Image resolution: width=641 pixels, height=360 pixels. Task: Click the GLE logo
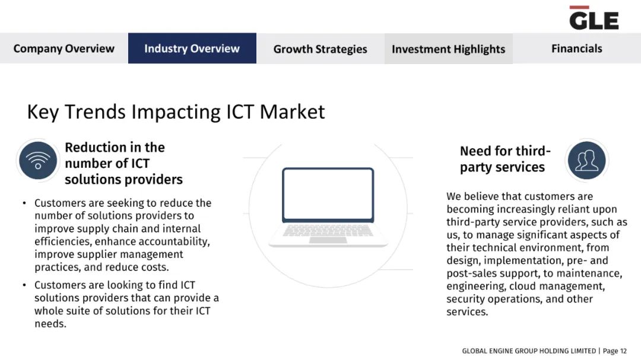tap(594, 18)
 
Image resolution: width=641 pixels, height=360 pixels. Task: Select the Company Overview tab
tap(64, 48)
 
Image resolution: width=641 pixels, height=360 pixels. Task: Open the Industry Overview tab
tap(192, 48)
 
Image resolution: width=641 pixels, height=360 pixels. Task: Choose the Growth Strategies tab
tap(320, 49)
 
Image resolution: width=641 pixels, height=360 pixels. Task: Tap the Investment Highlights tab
tap(449, 49)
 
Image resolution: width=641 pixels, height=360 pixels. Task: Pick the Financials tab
tap(577, 48)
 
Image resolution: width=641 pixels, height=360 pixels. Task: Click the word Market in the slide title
tap(292, 111)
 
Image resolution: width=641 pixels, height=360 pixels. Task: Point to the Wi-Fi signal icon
tap(38, 161)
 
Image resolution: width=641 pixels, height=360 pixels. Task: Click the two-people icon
tap(586, 161)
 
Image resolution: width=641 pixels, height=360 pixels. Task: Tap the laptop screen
tap(328, 195)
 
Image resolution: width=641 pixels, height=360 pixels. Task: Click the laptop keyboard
tap(328, 231)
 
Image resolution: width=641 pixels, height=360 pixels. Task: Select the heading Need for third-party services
tap(505, 159)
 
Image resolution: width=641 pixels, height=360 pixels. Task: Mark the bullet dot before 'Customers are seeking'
tap(24, 203)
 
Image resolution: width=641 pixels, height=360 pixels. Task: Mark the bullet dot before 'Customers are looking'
tap(24, 285)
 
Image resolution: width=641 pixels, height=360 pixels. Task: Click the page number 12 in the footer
tap(623, 351)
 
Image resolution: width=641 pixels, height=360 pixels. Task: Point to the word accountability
tap(173, 241)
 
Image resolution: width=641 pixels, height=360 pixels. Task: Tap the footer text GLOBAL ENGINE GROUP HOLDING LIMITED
tap(529, 351)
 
